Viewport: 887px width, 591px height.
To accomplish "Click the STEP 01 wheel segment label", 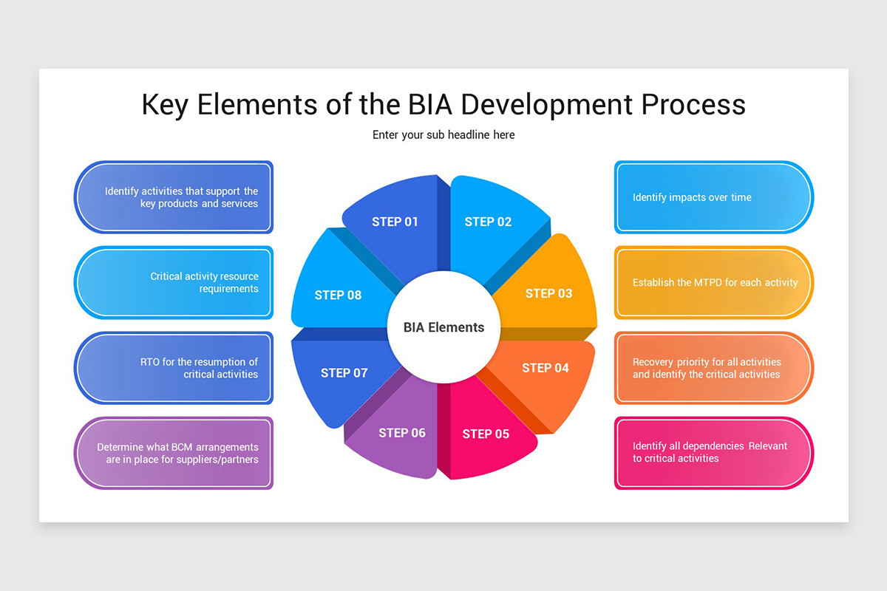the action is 395,222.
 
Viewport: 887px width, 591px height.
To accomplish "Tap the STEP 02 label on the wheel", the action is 488,222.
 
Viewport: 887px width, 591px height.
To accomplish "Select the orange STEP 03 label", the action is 548,293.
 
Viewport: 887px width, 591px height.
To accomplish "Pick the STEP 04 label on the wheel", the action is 546,368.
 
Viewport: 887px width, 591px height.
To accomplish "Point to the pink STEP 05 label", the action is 486,434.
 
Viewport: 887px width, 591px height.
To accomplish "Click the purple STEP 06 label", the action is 402,433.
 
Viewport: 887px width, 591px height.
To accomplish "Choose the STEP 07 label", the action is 344,372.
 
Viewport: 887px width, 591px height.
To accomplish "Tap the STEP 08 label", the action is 338,295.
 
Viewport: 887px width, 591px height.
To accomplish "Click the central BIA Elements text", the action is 443,327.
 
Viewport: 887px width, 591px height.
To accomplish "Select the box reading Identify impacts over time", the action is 713,197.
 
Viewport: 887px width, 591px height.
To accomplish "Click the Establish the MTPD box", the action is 713,282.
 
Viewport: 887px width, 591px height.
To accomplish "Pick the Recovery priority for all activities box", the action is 713,368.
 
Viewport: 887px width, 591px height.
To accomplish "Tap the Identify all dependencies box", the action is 713,453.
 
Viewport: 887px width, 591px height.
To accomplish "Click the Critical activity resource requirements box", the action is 174,282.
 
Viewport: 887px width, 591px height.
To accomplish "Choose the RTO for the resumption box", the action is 174,368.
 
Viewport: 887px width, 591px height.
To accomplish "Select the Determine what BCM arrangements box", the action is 174,453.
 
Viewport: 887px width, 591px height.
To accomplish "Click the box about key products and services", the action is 174,197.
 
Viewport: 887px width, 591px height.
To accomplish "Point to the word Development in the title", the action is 546,106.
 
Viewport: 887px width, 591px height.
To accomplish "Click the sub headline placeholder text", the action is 443,135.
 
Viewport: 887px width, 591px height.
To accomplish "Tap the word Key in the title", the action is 165,106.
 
